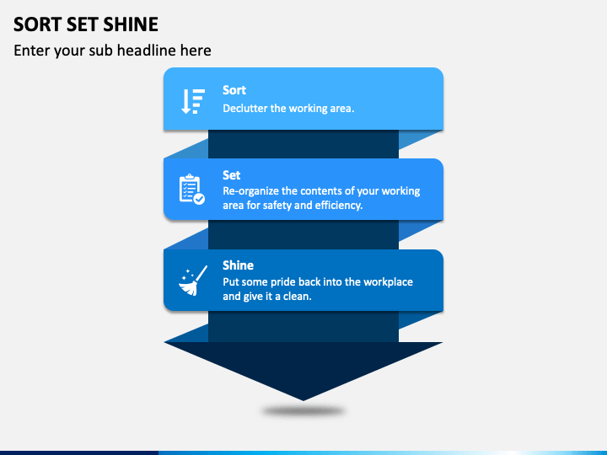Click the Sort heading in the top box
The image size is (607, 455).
coord(234,90)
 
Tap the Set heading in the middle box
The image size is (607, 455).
coord(231,175)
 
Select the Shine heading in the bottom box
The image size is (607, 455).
coord(238,265)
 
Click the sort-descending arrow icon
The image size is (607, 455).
coord(192,101)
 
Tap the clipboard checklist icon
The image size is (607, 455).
coord(191,190)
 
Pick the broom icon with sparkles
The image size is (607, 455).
coord(191,281)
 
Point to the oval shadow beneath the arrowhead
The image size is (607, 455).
coord(303,411)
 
